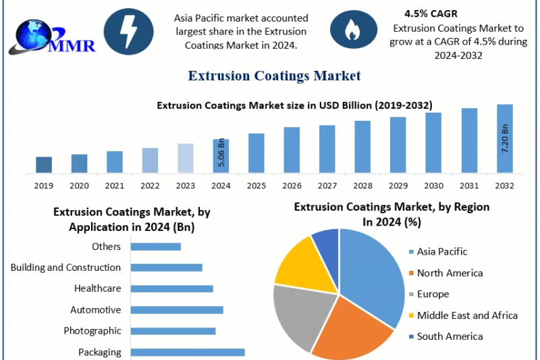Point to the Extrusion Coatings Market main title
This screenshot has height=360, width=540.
click(x=274, y=76)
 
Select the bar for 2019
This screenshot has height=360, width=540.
click(x=44, y=164)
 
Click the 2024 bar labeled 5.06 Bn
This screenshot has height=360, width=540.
click(x=221, y=155)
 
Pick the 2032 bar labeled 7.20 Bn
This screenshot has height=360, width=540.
click(x=505, y=138)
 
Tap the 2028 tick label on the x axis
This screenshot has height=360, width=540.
click(x=362, y=185)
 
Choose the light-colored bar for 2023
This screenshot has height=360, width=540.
click(x=186, y=157)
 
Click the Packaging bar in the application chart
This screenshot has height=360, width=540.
click(x=187, y=352)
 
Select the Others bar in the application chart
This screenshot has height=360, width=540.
click(x=155, y=247)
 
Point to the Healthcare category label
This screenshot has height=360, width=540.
click(x=98, y=288)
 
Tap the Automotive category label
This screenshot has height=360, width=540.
click(x=96, y=310)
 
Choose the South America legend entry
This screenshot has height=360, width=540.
click(x=450, y=336)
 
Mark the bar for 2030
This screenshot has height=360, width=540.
click(x=433, y=143)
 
